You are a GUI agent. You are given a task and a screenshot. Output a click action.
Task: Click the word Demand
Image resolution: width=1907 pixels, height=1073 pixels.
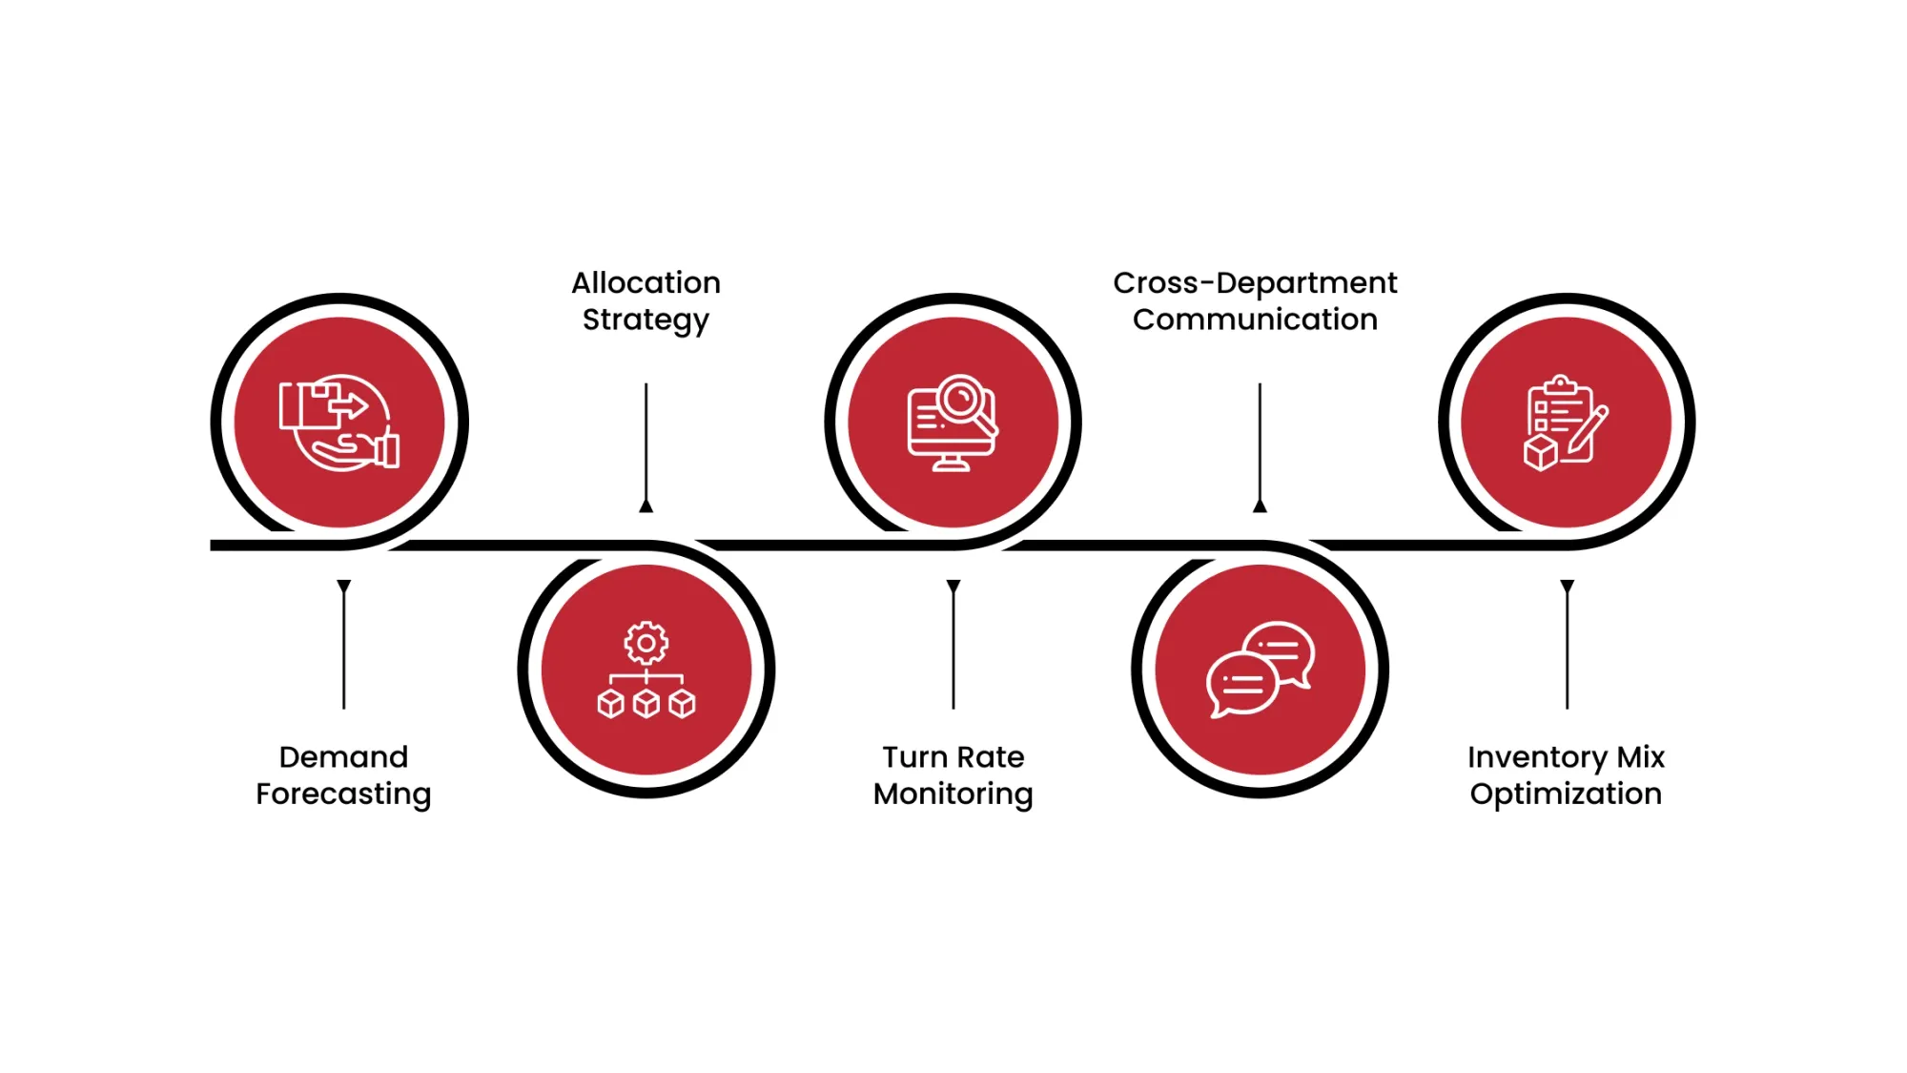(x=343, y=757)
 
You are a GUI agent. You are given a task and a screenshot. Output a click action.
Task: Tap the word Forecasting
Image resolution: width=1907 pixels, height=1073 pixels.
(x=343, y=794)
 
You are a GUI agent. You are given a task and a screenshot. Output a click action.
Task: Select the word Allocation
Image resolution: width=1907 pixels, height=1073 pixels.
(x=646, y=283)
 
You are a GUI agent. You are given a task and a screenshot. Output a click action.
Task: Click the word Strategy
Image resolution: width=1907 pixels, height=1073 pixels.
(x=646, y=320)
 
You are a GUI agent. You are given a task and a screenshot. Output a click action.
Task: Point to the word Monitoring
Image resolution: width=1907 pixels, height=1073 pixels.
(x=953, y=794)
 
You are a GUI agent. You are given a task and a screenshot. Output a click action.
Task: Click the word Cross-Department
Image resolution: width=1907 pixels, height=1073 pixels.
(x=1254, y=283)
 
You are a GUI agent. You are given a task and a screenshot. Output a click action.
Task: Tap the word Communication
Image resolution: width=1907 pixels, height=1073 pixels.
(x=1254, y=320)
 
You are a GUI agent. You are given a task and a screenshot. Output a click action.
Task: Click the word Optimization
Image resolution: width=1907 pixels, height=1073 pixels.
(x=1566, y=794)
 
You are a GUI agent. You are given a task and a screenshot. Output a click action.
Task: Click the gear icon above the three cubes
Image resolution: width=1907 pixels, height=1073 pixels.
(x=646, y=644)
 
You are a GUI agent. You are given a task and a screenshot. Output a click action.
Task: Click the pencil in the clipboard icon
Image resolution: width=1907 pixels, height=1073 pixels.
(x=1588, y=431)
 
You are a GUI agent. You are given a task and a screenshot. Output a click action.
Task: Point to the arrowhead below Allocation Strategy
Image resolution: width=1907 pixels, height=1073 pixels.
(x=646, y=506)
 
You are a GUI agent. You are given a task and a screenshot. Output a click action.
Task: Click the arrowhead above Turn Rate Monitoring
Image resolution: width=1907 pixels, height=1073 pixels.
(x=953, y=586)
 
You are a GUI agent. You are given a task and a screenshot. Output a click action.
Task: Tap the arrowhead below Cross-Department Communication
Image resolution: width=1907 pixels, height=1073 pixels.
(x=1260, y=506)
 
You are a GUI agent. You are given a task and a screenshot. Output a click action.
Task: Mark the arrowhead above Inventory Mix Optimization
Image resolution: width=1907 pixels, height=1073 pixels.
(x=1567, y=586)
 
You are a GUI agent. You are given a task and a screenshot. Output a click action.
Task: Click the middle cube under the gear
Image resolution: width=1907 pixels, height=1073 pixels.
(x=646, y=704)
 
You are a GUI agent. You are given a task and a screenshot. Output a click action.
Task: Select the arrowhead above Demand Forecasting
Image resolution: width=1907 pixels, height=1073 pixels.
(x=343, y=586)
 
